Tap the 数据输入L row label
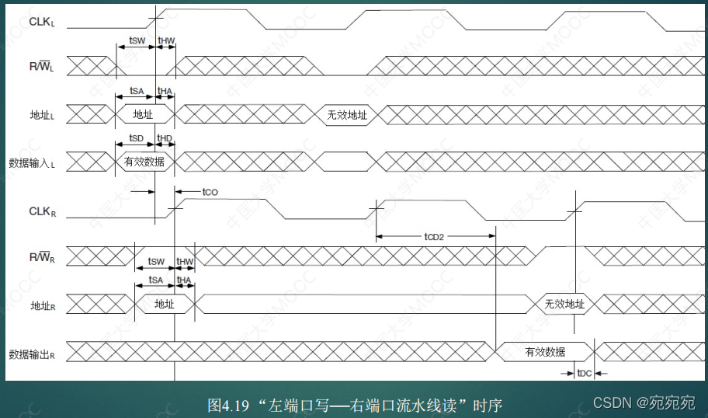point(36,162)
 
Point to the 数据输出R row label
point(36,354)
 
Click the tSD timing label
point(136,138)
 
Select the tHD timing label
point(165,138)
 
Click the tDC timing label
point(585,374)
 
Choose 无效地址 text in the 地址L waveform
point(346,116)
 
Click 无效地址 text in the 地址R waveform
point(564,305)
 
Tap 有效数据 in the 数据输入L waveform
point(144,162)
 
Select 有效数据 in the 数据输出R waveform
point(545,351)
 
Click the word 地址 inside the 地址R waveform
point(165,305)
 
